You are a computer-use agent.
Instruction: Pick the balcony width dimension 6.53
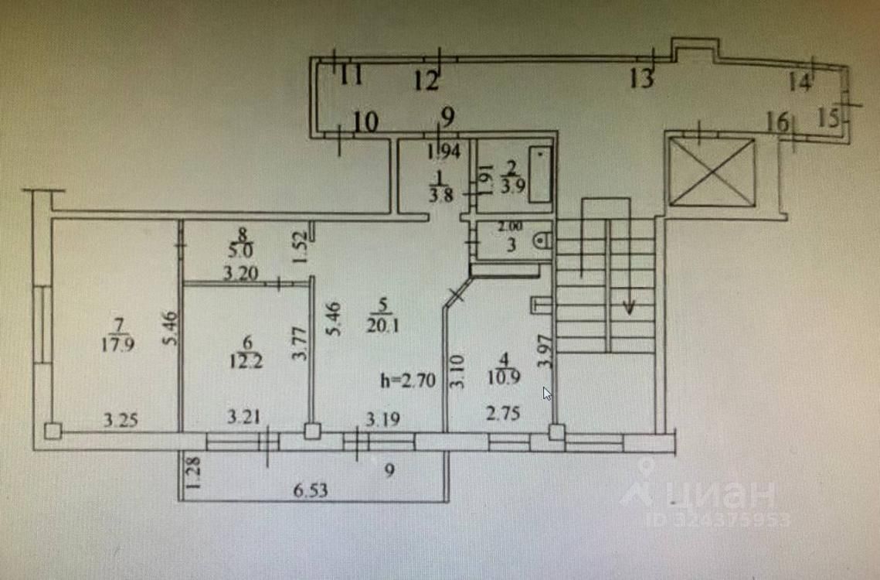tap(307, 491)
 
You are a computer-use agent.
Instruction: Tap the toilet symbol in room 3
tap(544, 241)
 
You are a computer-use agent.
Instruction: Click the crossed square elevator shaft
tap(712, 172)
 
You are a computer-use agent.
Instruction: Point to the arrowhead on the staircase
tap(630, 308)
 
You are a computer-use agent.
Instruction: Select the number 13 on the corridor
tap(641, 79)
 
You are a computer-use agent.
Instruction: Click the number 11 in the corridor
tap(352, 76)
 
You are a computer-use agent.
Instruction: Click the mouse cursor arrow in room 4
tap(547, 394)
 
